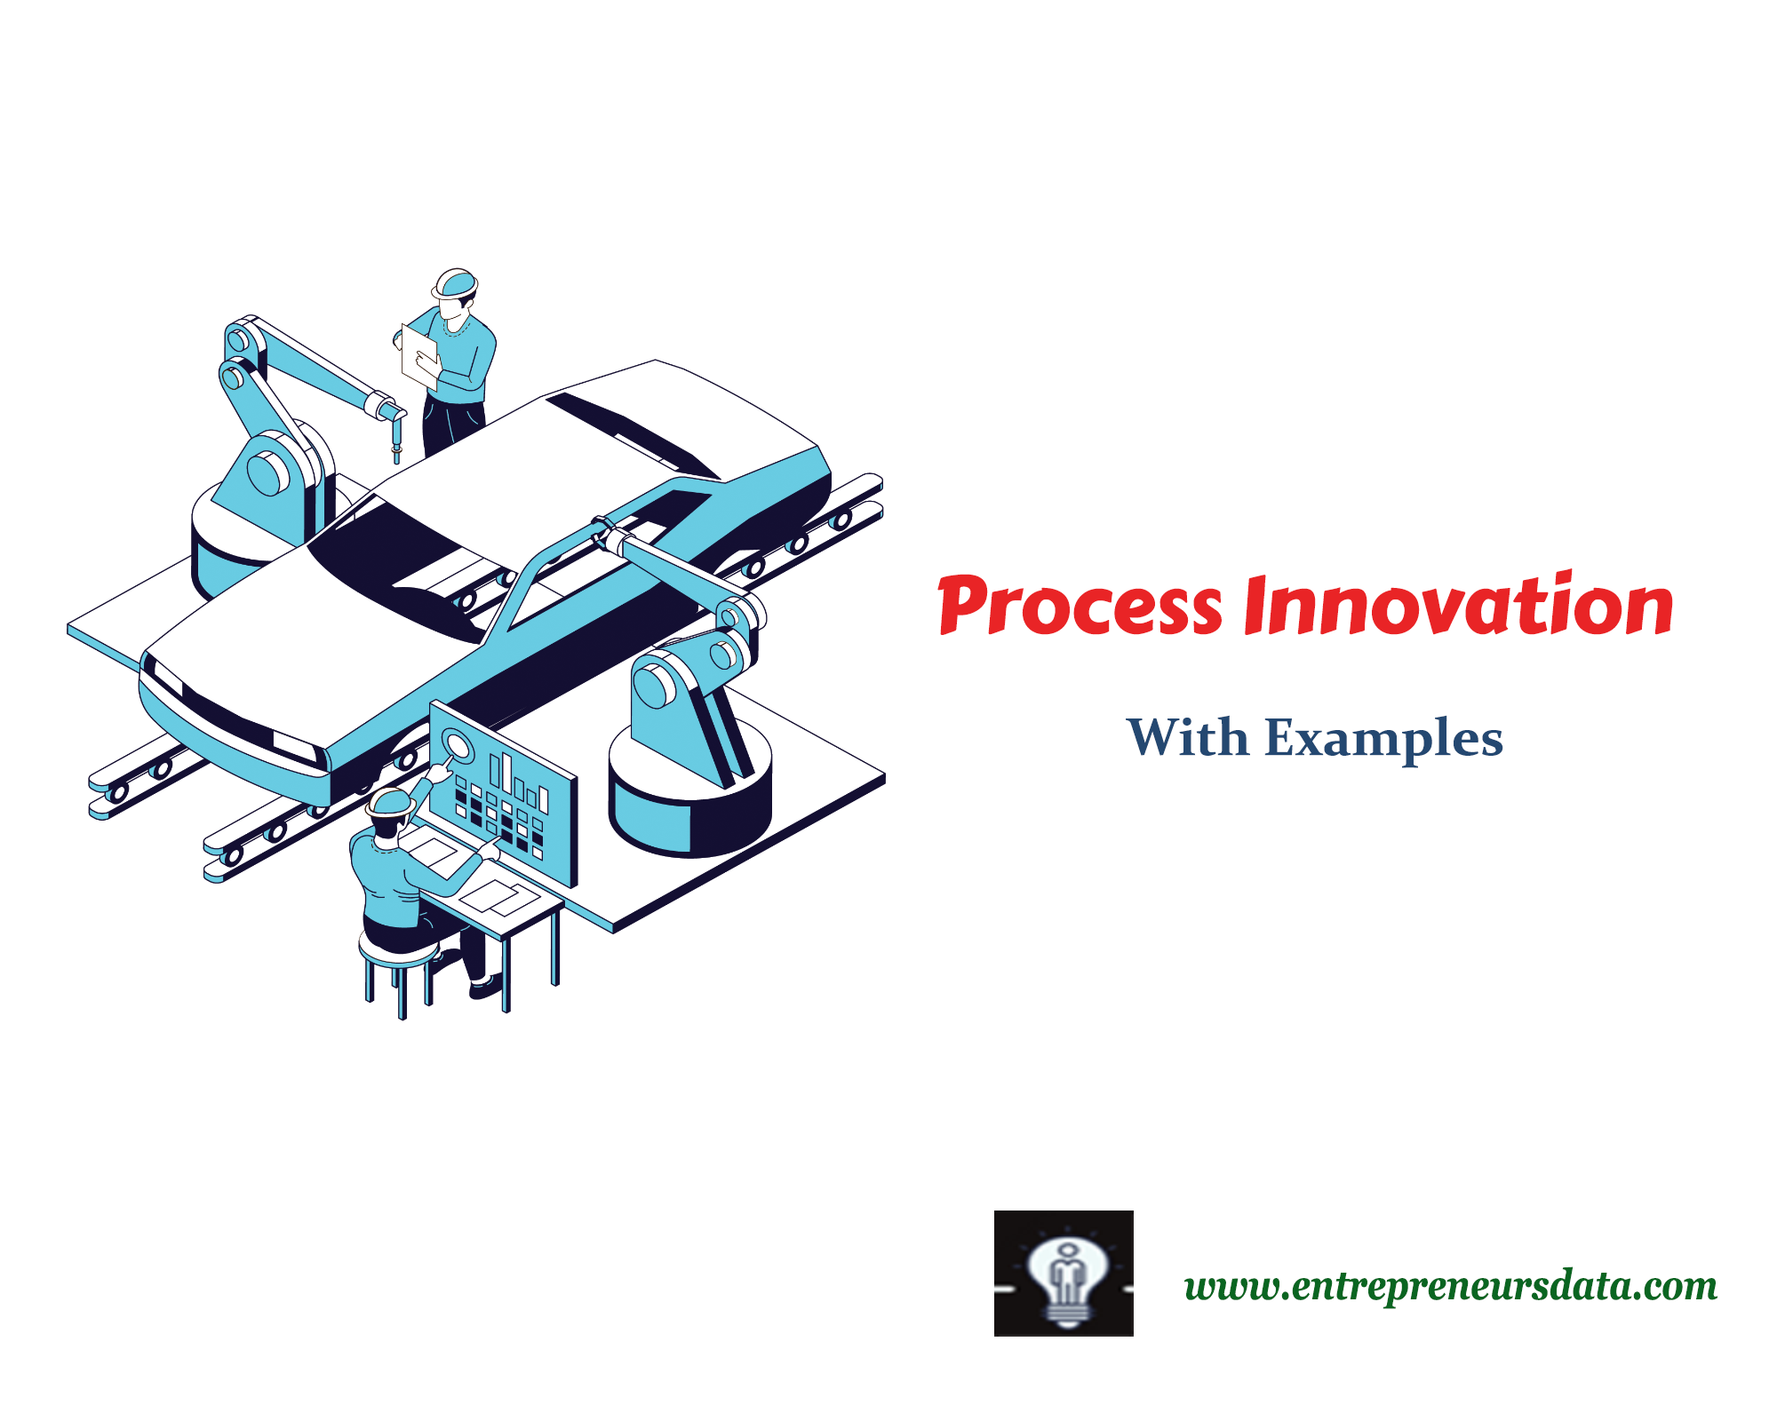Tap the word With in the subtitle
[1187, 737]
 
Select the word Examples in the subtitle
[1383, 739]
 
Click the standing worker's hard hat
[455, 282]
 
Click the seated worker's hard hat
[391, 801]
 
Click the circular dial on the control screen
[458, 745]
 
